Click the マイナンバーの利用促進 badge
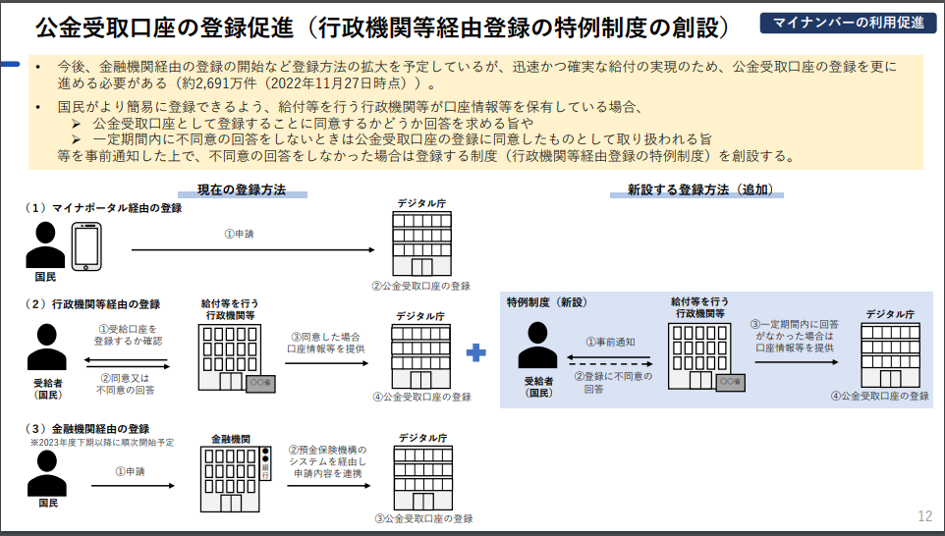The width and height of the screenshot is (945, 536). [x=848, y=23]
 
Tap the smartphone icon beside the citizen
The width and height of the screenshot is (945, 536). [x=86, y=246]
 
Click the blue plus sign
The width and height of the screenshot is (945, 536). [x=476, y=352]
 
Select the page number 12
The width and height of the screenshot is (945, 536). [x=925, y=516]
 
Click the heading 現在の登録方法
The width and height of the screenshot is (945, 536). [x=242, y=189]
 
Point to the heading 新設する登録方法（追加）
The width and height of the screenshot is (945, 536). [x=701, y=189]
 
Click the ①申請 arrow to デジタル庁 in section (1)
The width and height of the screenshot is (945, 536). [x=253, y=249]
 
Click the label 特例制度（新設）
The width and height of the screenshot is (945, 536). [x=546, y=302]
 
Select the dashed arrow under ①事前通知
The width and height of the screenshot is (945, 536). [x=610, y=364]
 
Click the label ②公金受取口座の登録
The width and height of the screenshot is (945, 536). [x=420, y=286]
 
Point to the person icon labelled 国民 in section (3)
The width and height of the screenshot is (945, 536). [x=46, y=473]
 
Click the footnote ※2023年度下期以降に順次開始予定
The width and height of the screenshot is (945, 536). [x=102, y=443]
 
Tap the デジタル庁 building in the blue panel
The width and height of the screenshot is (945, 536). [x=890, y=355]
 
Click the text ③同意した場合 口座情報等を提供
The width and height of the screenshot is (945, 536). [x=326, y=343]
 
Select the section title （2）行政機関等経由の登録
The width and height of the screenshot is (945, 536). [x=92, y=304]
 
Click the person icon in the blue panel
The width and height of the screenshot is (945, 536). [x=537, y=345]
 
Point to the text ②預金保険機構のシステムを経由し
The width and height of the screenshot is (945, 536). [x=327, y=456]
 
